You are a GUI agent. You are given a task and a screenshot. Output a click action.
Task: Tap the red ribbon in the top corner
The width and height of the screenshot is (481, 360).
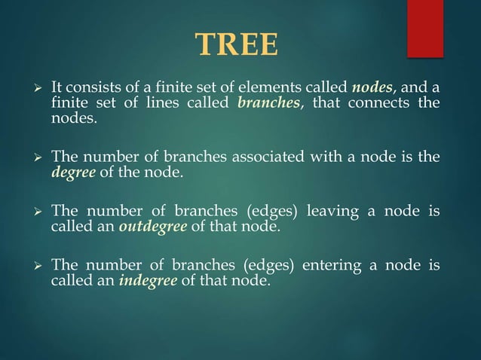point(425,27)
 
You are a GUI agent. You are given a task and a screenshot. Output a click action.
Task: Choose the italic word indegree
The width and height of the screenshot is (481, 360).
point(150,282)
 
